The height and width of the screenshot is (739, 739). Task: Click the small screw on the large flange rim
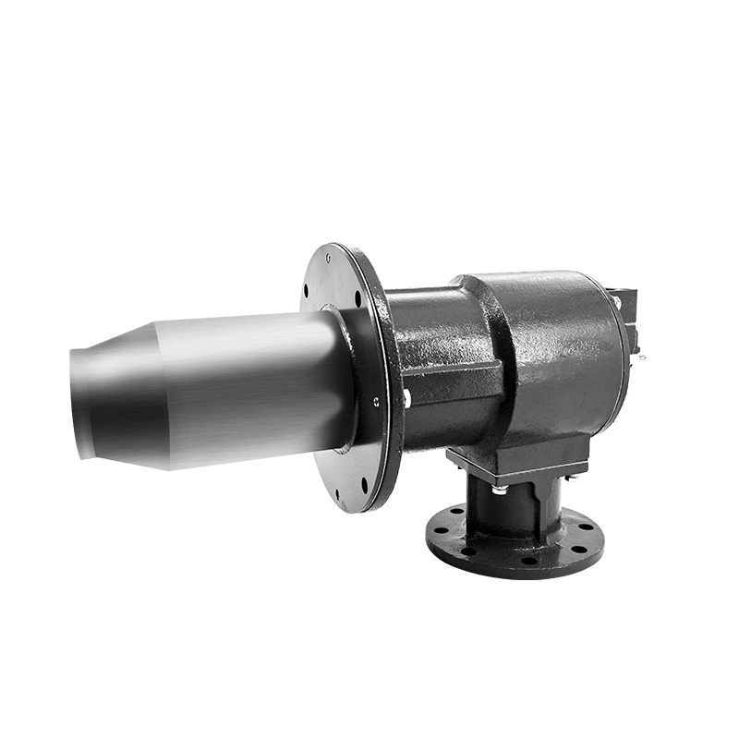point(376,401)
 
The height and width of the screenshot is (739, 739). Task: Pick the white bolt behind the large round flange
point(407,399)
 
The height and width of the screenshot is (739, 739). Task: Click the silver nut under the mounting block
point(499,487)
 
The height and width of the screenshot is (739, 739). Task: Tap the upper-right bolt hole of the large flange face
point(357,297)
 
